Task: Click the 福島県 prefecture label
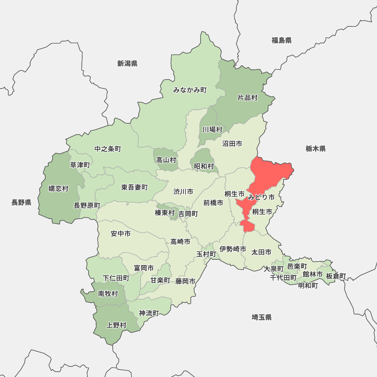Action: point(282,40)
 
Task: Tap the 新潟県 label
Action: point(127,63)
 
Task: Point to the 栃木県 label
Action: point(316,149)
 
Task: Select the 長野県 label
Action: point(21,202)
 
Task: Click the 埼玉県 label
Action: point(262,317)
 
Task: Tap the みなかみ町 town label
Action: point(190,90)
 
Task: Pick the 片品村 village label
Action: point(247,98)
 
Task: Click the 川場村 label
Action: point(212,129)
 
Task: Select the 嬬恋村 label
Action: point(58,188)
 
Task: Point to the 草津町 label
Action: point(80,165)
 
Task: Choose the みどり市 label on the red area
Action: point(261,197)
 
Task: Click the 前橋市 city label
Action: point(213,202)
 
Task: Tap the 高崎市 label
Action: point(180,242)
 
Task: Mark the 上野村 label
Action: point(116,325)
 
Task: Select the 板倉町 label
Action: point(336,276)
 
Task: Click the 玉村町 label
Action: point(206,254)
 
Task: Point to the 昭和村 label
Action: point(204,166)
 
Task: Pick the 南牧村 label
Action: point(108,293)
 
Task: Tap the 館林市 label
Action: point(313,274)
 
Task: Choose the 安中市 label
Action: point(121,234)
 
